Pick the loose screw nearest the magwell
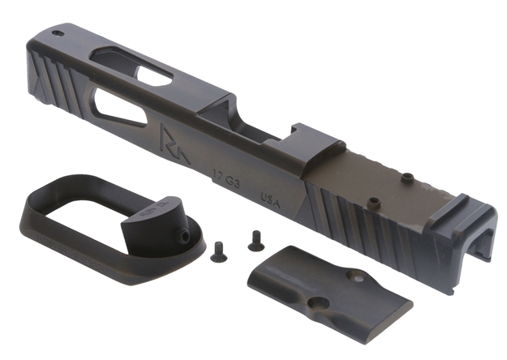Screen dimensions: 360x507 217,254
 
